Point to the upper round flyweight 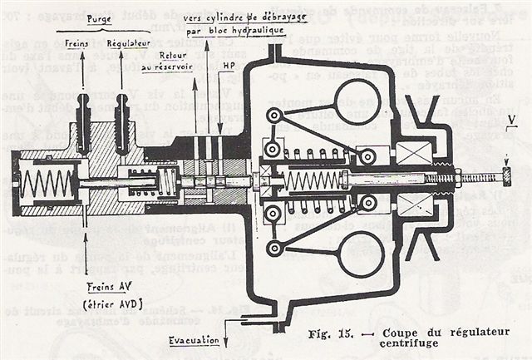tap(352, 103)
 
